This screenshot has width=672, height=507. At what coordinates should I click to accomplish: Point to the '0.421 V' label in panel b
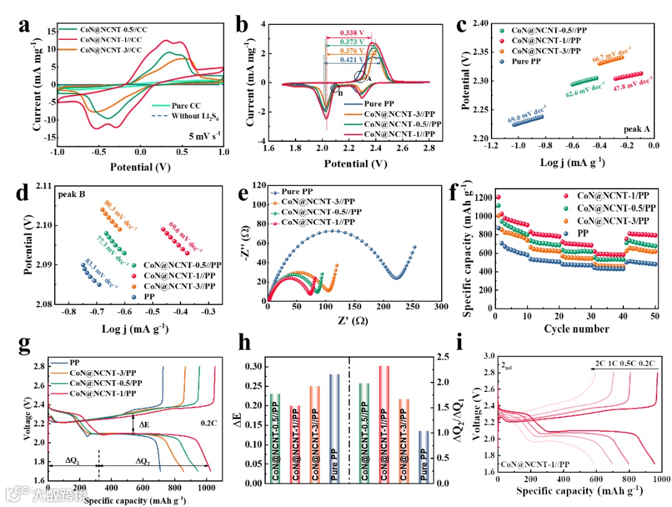coord(352,60)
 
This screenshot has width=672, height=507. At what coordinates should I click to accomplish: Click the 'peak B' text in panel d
coord(72,195)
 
